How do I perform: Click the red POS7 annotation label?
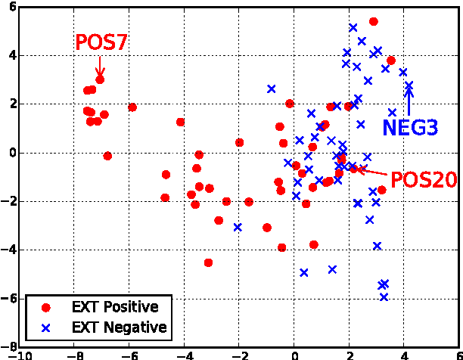(101, 43)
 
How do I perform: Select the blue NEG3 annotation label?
(410, 127)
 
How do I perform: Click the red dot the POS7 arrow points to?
(100, 79)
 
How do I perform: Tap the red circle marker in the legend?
(45, 308)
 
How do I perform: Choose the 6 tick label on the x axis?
(458, 355)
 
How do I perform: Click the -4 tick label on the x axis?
(184, 355)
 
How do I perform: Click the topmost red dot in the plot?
(373, 22)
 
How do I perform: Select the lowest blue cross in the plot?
(384, 296)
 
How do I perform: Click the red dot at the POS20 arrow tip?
(353, 168)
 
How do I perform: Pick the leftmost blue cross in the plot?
(238, 227)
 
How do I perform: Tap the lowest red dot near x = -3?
(208, 262)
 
